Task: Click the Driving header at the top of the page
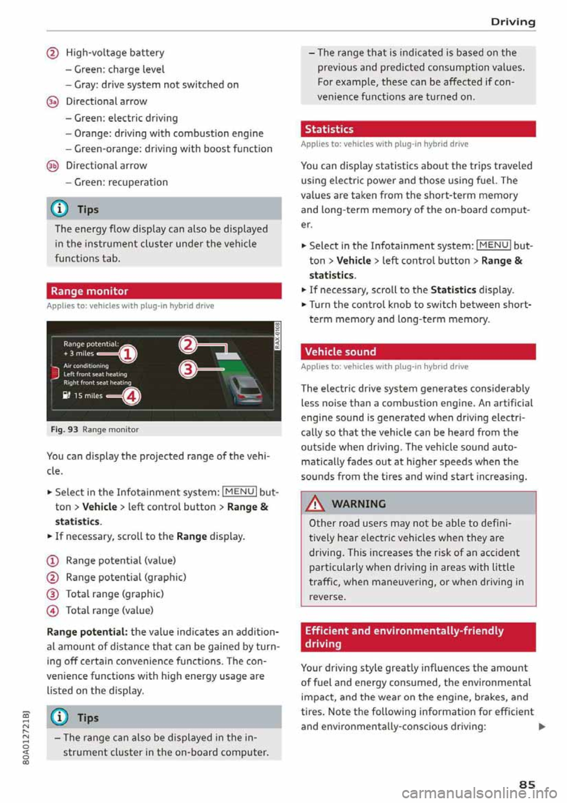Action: [x=513, y=22]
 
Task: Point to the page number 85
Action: [x=527, y=785]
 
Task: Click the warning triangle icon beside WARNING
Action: [x=316, y=504]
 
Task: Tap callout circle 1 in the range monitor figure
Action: [x=128, y=354]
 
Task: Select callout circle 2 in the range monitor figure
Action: [x=188, y=344]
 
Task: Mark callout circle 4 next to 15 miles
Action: [x=131, y=396]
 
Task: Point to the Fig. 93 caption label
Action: [x=64, y=429]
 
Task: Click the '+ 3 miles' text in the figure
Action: [x=79, y=353]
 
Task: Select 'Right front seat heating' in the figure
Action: [x=97, y=383]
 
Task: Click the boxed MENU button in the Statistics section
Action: [x=493, y=245]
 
